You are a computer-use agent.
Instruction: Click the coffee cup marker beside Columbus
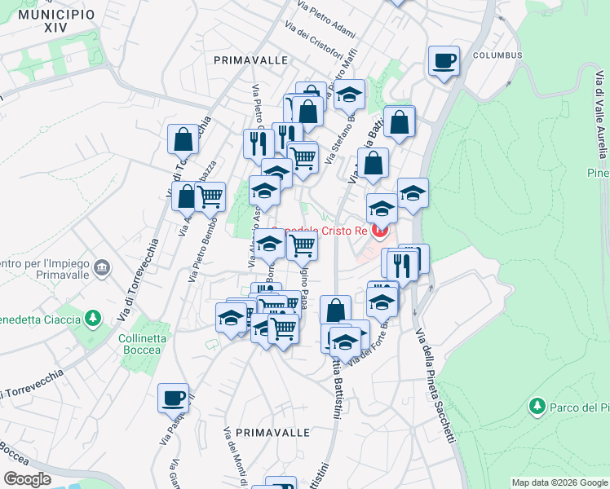coord(444,61)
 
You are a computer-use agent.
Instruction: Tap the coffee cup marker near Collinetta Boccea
coord(173,398)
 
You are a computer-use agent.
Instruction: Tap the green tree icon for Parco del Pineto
coord(537,406)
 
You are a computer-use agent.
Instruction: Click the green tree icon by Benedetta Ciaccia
coord(94,316)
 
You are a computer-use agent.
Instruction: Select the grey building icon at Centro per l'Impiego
coord(102,267)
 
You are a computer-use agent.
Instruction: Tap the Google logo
coord(28,478)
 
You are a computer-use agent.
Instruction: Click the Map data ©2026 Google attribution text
coord(558,482)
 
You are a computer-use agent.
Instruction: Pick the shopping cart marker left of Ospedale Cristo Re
coord(303,244)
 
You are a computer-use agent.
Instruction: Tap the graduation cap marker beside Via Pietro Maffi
coord(350,95)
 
